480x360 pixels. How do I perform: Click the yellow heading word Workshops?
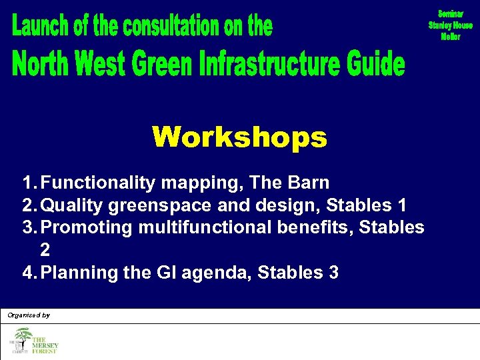pyautogui.click(x=239, y=138)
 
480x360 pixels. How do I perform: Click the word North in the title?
pyautogui.click(x=43, y=65)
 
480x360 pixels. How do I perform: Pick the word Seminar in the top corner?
pyautogui.click(x=450, y=14)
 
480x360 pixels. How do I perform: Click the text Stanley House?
pyautogui.click(x=450, y=25)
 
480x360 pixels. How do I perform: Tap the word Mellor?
pyautogui.click(x=450, y=37)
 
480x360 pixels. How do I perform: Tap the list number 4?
pyautogui.click(x=27, y=273)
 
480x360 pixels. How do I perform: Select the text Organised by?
pyautogui.click(x=29, y=315)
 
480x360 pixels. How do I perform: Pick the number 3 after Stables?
pyautogui.click(x=333, y=273)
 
